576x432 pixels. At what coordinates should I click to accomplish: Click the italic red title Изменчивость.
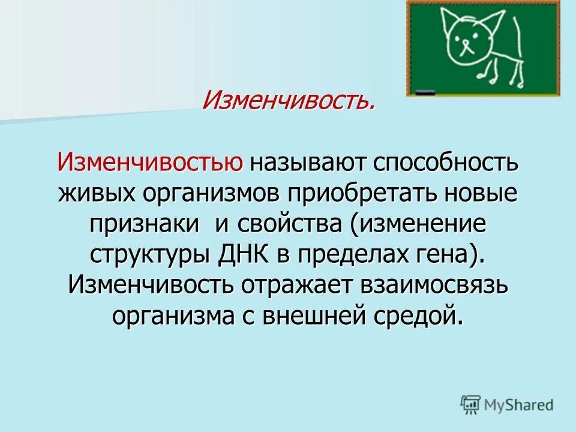[x=289, y=100]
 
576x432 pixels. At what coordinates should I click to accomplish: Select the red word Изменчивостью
[x=150, y=163]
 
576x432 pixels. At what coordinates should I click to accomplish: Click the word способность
[x=446, y=163]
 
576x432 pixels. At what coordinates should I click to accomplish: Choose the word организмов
[x=213, y=194]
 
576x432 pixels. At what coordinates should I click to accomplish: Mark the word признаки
[x=145, y=225]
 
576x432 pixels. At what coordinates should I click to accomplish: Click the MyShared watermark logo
[x=507, y=406]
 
